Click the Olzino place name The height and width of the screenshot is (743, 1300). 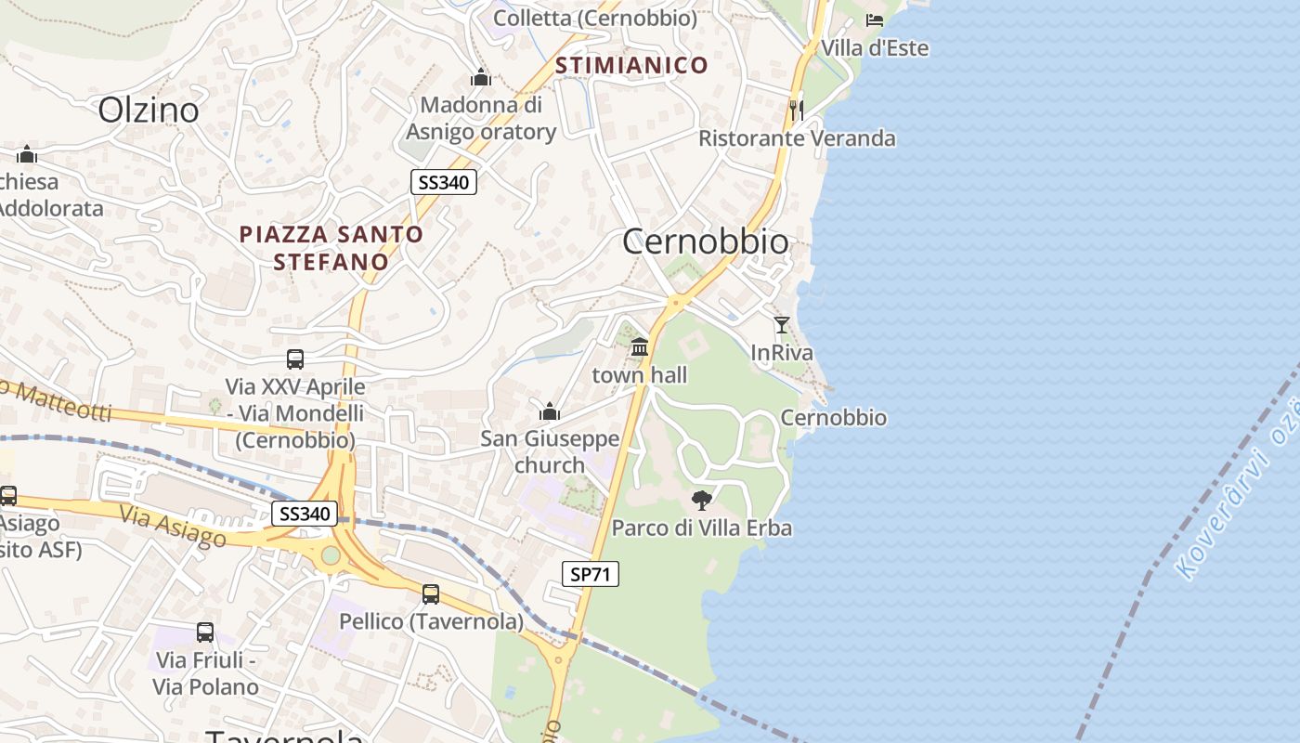click(149, 110)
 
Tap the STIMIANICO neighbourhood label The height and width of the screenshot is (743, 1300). click(631, 65)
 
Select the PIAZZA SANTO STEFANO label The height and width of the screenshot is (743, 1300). click(331, 248)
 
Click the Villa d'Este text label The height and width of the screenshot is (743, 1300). click(875, 47)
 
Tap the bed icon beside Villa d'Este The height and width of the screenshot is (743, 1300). click(875, 20)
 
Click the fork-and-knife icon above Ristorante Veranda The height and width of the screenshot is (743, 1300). click(797, 110)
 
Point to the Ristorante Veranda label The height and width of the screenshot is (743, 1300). click(797, 138)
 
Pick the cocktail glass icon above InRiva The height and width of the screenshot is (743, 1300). click(782, 325)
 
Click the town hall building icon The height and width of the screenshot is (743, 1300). click(640, 347)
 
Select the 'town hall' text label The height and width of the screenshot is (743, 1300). click(640, 374)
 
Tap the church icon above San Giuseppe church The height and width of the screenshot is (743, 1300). click(550, 411)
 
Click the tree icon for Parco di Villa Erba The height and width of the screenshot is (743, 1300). click(702, 501)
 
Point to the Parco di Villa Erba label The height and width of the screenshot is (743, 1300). click(702, 528)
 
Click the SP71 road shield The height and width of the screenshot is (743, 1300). click(591, 574)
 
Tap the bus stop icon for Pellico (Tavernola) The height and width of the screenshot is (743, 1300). click(431, 593)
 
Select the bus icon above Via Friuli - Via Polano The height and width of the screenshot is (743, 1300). click(205, 632)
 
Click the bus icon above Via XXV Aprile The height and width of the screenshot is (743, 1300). click(295, 358)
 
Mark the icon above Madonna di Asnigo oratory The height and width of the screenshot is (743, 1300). click(480, 77)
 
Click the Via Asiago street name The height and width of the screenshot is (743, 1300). click(173, 525)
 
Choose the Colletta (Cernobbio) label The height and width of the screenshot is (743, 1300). click(595, 18)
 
